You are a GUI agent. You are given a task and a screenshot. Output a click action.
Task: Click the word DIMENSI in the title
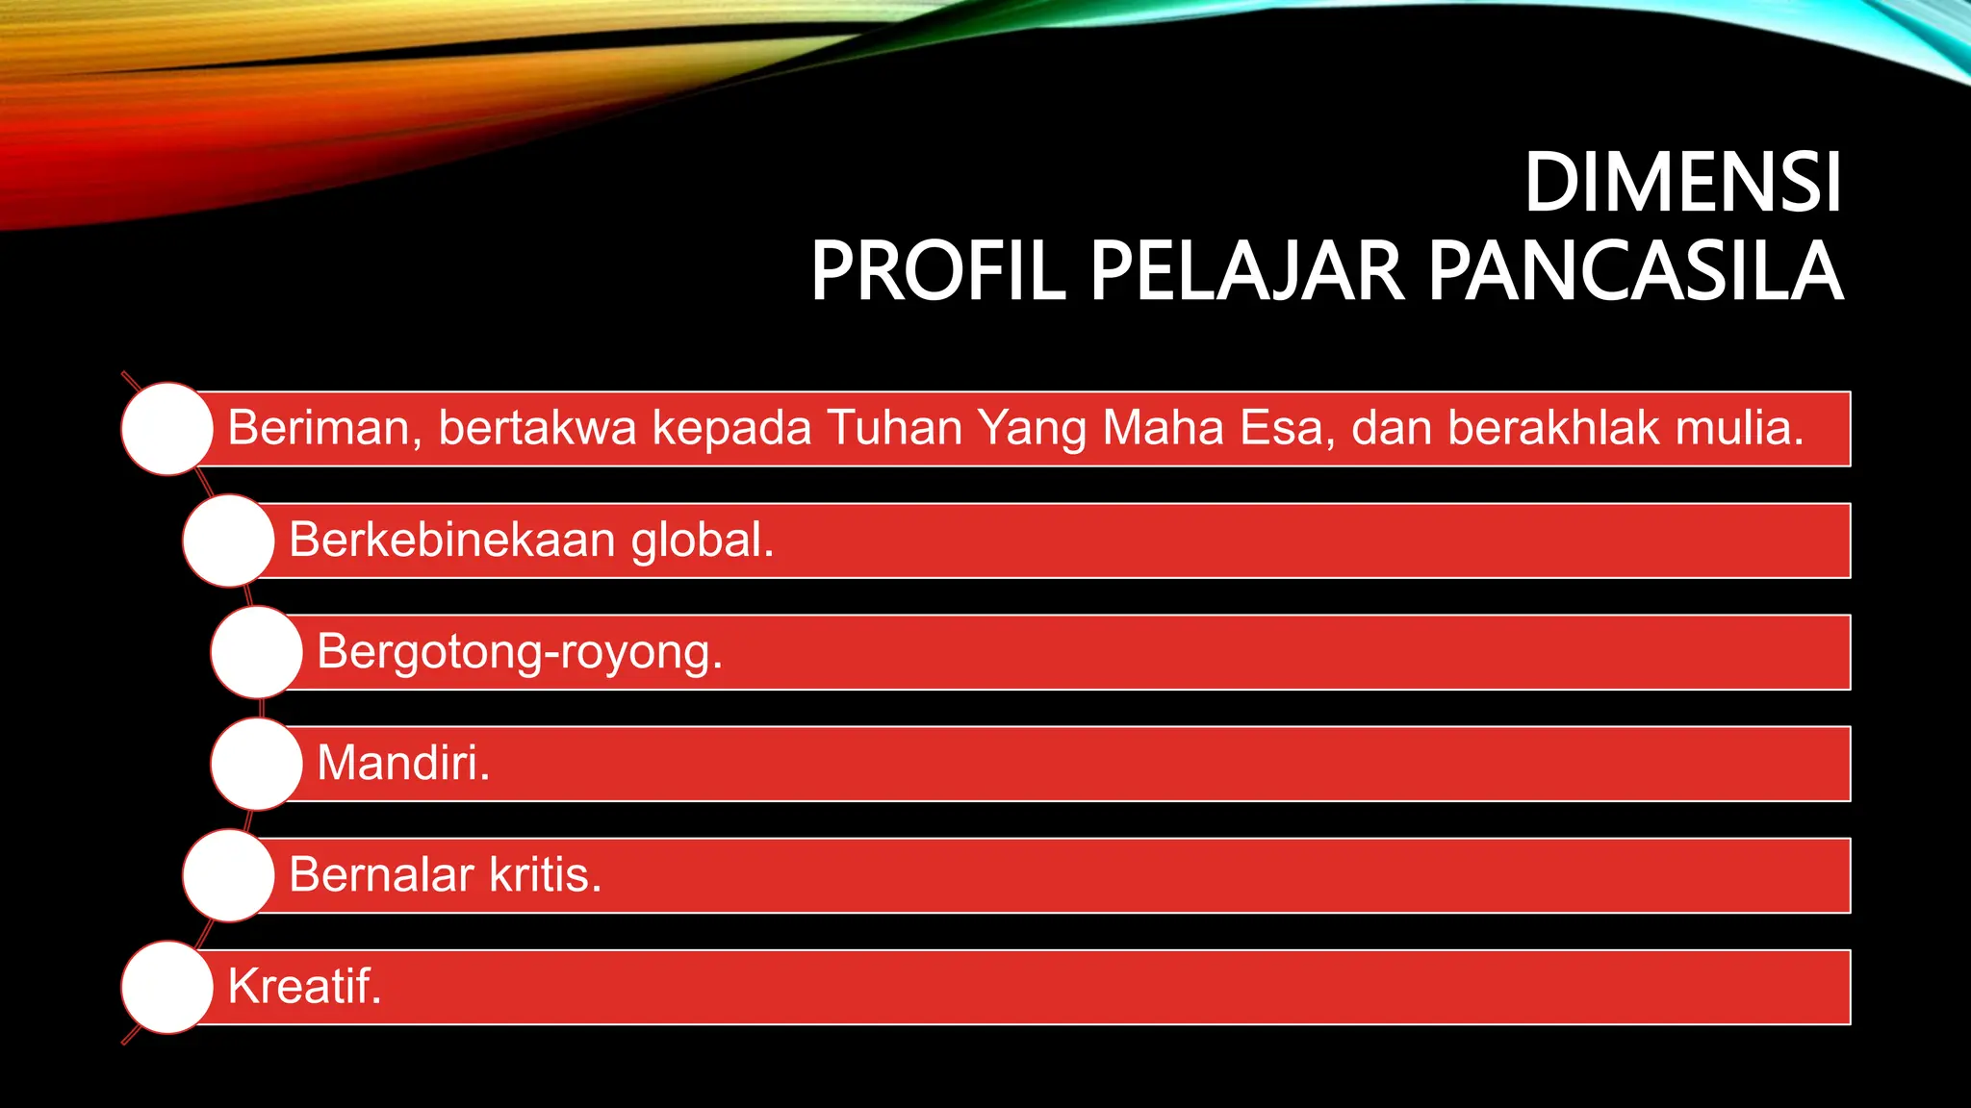click(x=1682, y=183)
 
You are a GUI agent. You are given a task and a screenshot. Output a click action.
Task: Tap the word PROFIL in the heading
click(x=937, y=272)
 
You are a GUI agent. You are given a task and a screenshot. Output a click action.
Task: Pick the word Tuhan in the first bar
click(x=894, y=428)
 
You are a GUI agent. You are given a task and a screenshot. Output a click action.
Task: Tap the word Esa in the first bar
click(x=1286, y=428)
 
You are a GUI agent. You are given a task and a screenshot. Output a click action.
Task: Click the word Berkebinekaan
click(x=451, y=540)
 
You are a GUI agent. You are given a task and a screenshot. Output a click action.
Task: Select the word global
click(x=702, y=540)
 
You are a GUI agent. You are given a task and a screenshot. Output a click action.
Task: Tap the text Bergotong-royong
click(x=520, y=652)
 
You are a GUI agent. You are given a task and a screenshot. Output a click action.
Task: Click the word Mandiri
click(x=403, y=764)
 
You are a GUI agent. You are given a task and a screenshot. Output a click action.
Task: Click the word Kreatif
click(x=304, y=987)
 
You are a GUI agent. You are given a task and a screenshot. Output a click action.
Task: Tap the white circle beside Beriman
click(x=167, y=429)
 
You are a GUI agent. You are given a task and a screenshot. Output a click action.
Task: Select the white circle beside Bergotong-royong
click(x=257, y=652)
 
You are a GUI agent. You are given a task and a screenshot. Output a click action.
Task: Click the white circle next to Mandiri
click(x=257, y=764)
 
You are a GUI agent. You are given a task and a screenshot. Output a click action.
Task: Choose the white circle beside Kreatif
click(x=167, y=987)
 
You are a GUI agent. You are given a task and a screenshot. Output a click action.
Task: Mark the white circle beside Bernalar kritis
click(x=229, y=875)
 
